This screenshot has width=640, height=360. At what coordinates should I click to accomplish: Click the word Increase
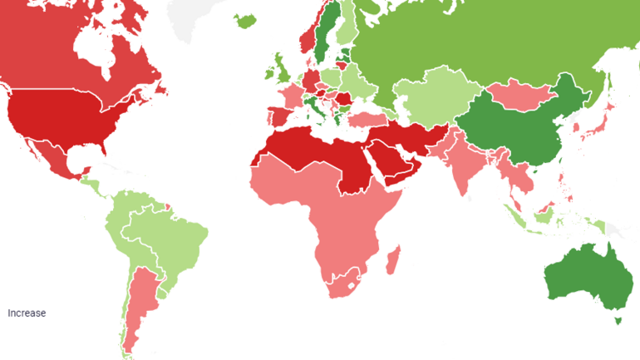27,313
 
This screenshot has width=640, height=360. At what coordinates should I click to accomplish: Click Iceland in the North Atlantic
246,20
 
